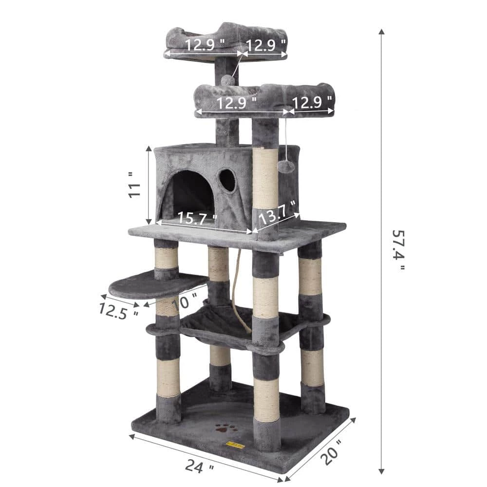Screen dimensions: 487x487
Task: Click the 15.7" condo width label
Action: point(197,218)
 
